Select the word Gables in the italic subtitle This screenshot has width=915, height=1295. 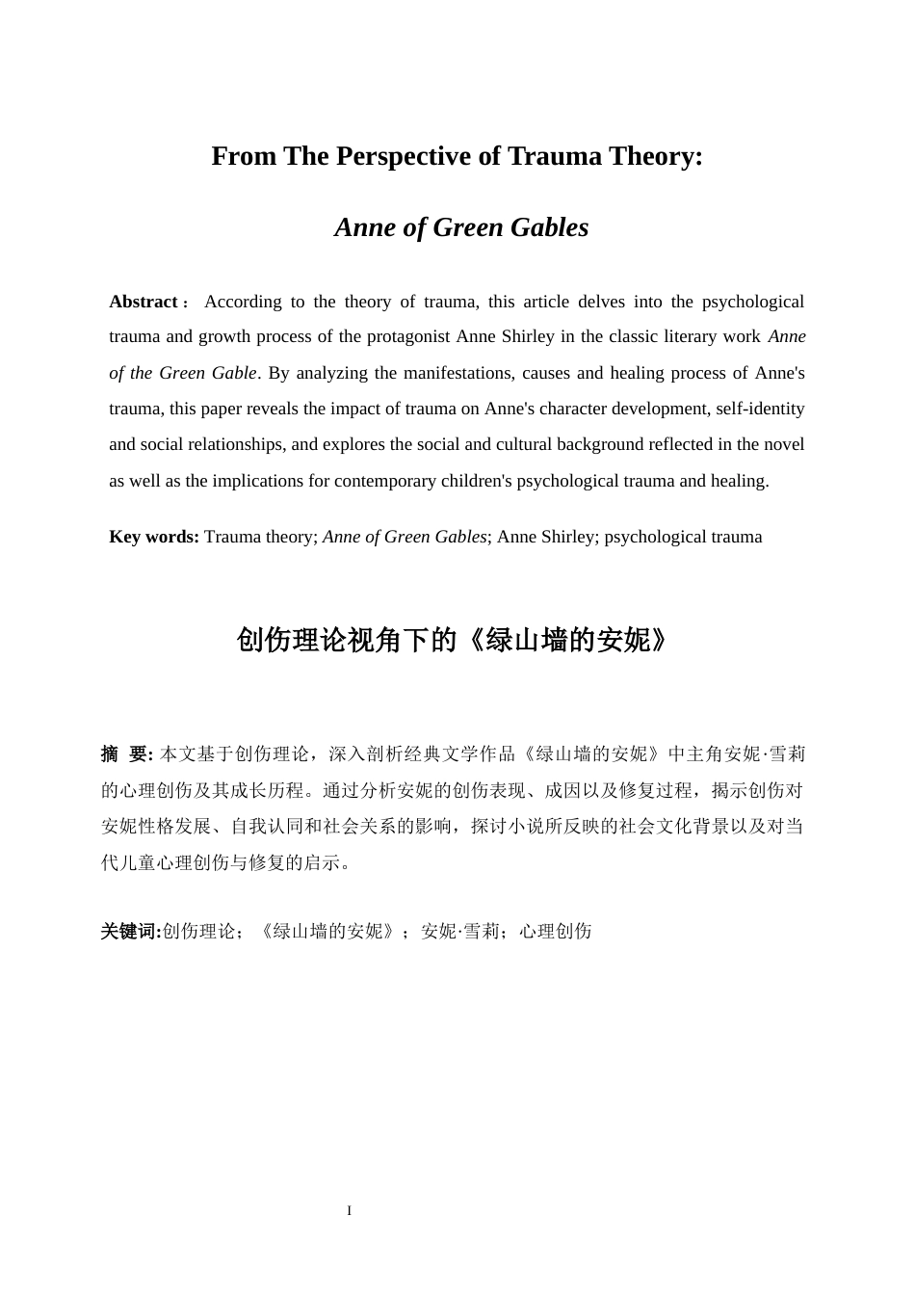click(x=550, y=227)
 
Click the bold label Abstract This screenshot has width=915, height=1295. click(x=144, y=302)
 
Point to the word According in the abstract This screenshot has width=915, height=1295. click(x=243, y=302)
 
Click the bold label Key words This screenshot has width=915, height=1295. click(x=153, y=537)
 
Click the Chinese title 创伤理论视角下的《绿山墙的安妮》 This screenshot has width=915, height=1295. click(x=453, y=641)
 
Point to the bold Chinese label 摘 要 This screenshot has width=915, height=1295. click(x=125, y=754)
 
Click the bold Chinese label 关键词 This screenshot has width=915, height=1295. click(x=129, y=932)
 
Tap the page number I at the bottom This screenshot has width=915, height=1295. click(x=350, y=1211)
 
